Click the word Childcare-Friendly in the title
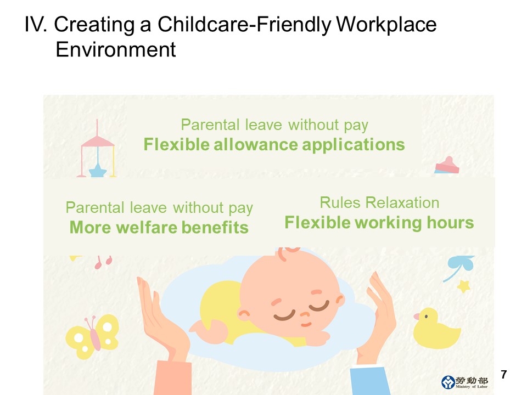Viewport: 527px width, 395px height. pyautogui.click(x=244, y=25)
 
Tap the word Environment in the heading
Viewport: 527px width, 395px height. pyautogui.click(x=116, y=50)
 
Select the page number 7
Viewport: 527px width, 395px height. pyautogui.click(x=503, y=374)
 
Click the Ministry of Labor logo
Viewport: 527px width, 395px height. pyautogui.click(x=464, y=382)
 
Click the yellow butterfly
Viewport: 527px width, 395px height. pyautogui.click(x=92, y=336)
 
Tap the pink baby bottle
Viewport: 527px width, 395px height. pyautogui.click(x=447, y=165)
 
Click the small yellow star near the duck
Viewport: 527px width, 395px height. pyautogui.click(x=463, y=286)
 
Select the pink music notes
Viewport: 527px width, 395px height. pyautogui.click(x=103, y=262)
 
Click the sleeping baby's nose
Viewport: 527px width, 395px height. pyautogui.click(x=305, y=315)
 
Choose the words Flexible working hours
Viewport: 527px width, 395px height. pyautogui.click(x=379, y=223)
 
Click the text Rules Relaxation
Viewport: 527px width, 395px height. pyautogui.click(x=379, y=202)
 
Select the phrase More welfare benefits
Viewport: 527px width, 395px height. pyautogui.click(x=159, y=227)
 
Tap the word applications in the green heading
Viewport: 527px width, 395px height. pyautogui.click(x=353, y=145)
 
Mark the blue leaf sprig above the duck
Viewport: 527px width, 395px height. pyautogui.click(x=459, y=267)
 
